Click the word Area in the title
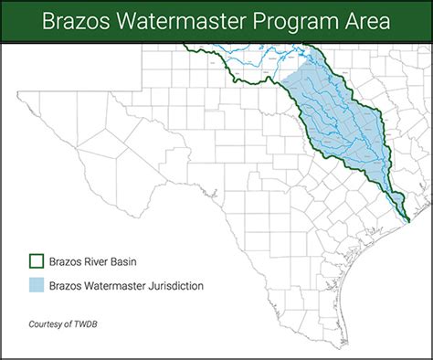(361, 20)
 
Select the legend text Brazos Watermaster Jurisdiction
(126, 286)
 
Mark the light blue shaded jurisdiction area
(338, 119)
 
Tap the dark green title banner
(216, 20)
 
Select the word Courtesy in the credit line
(46, 323)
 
